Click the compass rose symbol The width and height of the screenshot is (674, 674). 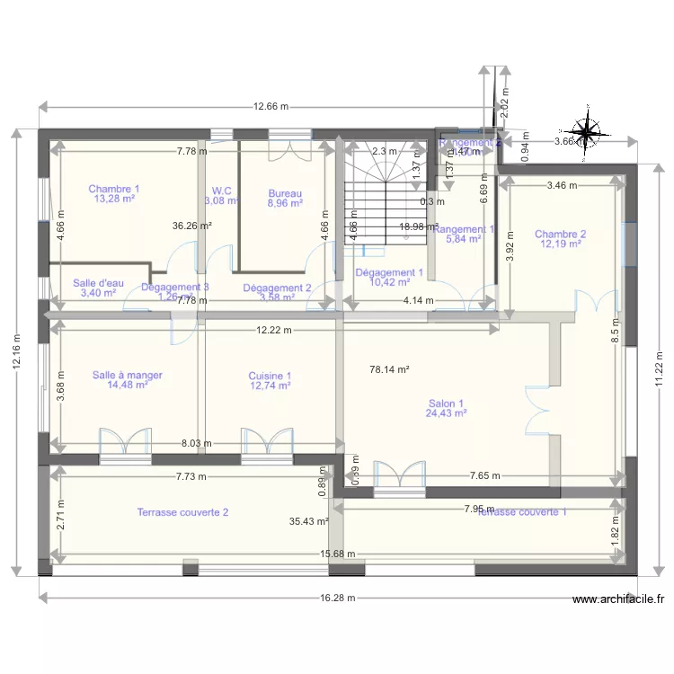click(x=587, y=133)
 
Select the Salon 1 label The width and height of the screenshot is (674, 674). click(x=446, y=408)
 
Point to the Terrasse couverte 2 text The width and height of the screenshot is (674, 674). click(x=182, y=512)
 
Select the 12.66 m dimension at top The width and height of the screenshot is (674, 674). click(x=270, y=107)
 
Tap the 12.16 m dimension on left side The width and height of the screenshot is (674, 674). click(x=17, y=350)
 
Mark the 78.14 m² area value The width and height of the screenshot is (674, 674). click(x=389, y=369)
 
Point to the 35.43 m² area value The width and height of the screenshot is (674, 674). click(x=308, y=521)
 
